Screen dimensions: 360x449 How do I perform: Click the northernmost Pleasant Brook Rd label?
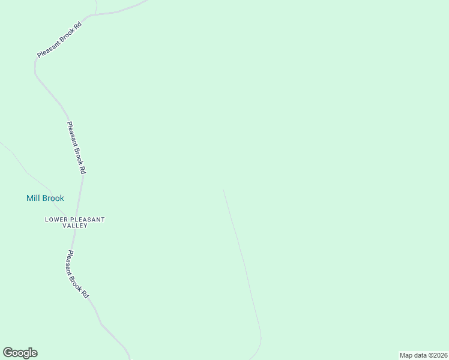(59, 39)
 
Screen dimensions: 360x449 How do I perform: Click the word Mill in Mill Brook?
(34, 198)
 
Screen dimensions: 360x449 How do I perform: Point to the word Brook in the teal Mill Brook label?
(53, 198)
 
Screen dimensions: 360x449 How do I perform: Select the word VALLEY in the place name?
(75, 226)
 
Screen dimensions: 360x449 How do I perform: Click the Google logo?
(20, 353)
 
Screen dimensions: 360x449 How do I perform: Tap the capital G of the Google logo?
(8, 352)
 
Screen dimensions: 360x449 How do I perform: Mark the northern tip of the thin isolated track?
(223, 190)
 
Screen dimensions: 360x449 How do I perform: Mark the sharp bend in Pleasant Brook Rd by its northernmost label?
(35, 66)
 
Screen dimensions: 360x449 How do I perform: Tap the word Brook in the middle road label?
(77, 152)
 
